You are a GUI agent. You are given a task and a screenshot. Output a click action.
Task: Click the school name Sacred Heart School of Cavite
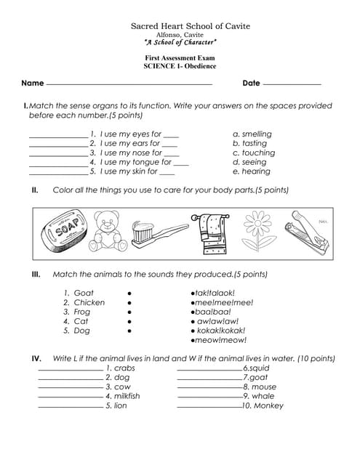[180, 25]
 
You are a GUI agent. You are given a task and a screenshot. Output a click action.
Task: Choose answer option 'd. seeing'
[251, 162]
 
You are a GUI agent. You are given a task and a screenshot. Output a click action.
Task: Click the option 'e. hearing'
[252, 171]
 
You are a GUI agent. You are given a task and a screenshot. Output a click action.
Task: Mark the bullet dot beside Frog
[129, 312]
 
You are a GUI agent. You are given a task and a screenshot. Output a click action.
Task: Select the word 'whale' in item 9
[263, 396]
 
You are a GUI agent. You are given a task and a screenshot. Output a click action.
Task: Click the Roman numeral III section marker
[36, 275]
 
